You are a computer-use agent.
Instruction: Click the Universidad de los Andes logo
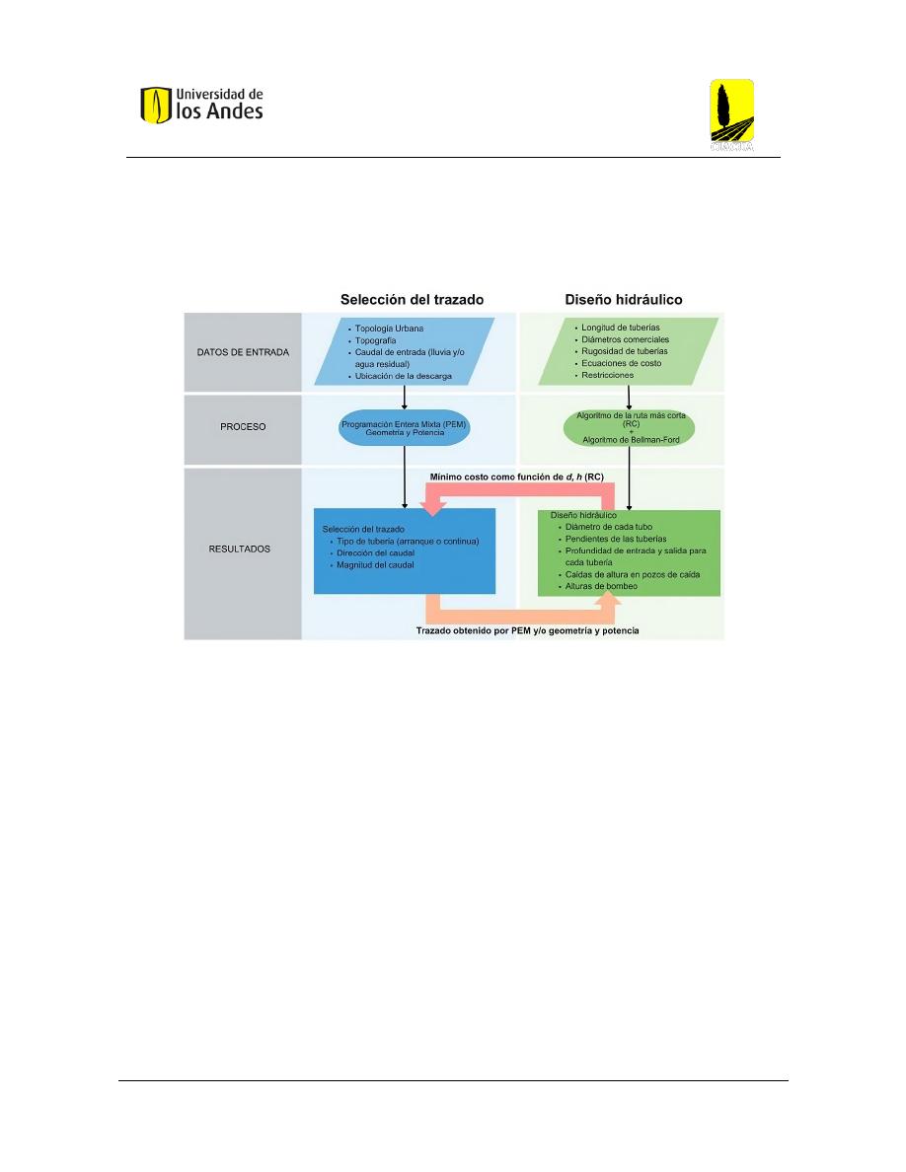pos(202,105)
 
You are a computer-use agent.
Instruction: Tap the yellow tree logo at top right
pos(731,114)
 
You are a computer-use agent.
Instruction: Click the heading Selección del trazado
pos(412,300)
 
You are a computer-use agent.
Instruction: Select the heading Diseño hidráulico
pos(624,300)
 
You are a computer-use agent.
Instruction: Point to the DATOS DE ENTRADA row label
pos(243,352)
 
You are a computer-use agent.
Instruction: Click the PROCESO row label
pos(243,427)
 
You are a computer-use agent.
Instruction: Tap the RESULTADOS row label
pos(239,549)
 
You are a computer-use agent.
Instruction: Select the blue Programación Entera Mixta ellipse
pos(405,428)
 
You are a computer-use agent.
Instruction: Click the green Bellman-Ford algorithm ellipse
pos(630,427)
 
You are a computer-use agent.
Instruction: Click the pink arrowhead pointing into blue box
pos(433,508)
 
